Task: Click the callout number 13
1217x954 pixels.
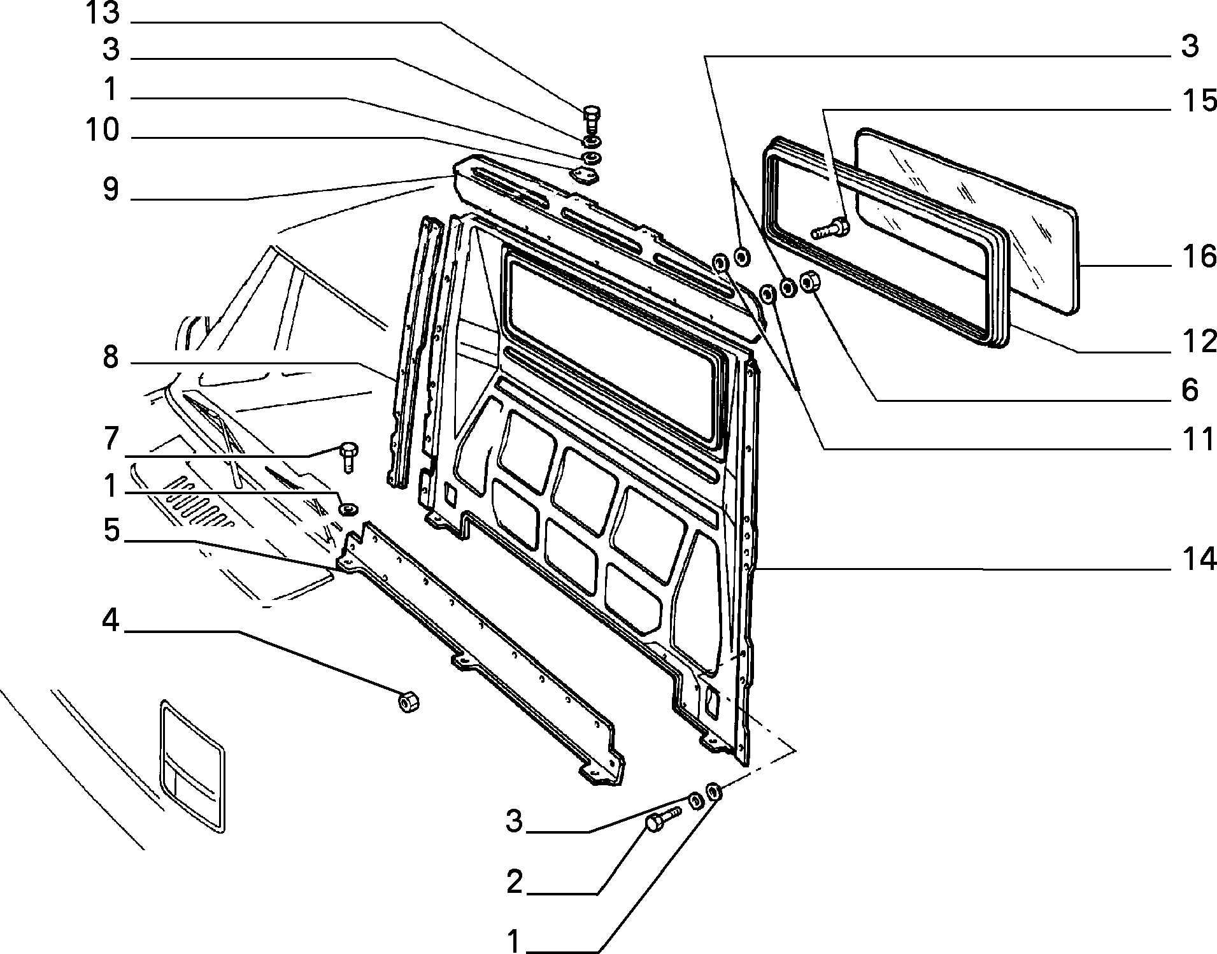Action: tap(103, 13)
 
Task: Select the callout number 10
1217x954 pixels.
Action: tap(103, 131)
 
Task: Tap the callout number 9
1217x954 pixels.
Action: tap(111, 189)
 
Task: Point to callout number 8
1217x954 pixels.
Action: tap(111, 358)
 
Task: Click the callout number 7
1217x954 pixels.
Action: tap(111, 439)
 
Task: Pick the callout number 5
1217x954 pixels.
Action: tap(111, 530)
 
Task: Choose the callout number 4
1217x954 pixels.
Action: tap(111, 620)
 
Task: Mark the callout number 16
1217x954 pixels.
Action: tap(1199, 257)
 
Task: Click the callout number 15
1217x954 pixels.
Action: tap(1199, 101)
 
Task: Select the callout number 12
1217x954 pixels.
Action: tap(1199, 342)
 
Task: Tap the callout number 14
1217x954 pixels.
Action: tap(1199, 559)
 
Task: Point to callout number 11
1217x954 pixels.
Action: tap(1199, 439)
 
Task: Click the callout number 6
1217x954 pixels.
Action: tap(1190, 390)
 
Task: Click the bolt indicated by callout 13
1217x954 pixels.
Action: tap(590, 120)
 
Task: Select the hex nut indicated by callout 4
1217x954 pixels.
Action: tap(408, 701)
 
